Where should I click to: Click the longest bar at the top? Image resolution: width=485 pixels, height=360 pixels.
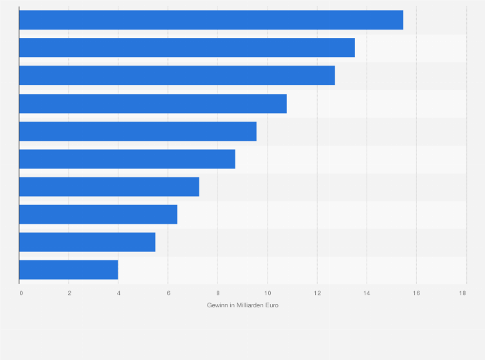[x=211, y=20]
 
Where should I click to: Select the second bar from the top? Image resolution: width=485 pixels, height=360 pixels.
[x=187, y=48]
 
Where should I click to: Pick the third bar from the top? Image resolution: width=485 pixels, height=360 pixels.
[x=177, y=75]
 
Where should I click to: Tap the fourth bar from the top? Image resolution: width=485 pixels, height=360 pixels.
[x=152, y=104]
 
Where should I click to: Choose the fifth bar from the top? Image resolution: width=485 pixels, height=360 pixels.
[x=138, y=131]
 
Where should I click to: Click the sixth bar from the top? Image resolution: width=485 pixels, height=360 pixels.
[x=127, y=159]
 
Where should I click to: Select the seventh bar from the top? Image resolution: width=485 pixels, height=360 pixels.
[x=109, y=186]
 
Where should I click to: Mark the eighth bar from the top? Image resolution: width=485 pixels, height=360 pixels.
[x=98, y=214]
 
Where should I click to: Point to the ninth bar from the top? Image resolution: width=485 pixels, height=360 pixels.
[x=87, y=242]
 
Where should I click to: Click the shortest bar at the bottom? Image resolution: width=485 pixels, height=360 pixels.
[x=68, y=269]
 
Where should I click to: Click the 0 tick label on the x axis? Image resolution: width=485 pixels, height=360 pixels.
[x=21, y=293]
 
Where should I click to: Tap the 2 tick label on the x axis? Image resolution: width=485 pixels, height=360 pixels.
[x=69, y=293]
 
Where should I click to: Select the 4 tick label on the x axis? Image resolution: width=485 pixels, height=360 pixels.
[x=118, y=293]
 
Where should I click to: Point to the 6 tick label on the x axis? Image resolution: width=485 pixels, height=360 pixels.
[x=168, y=293]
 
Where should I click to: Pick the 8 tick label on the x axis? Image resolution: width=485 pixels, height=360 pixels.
[x=217, y=293]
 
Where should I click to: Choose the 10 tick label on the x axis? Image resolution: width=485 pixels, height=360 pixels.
[x=267, y=293]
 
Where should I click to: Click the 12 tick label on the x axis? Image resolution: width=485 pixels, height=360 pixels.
[x=316, y=293]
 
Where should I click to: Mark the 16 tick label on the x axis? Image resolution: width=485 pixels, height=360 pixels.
[x=416, y=293]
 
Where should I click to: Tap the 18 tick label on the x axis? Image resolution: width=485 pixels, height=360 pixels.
[x=462, y=293]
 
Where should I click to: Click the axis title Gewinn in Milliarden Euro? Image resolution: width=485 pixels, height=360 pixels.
[x=243, y=305]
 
